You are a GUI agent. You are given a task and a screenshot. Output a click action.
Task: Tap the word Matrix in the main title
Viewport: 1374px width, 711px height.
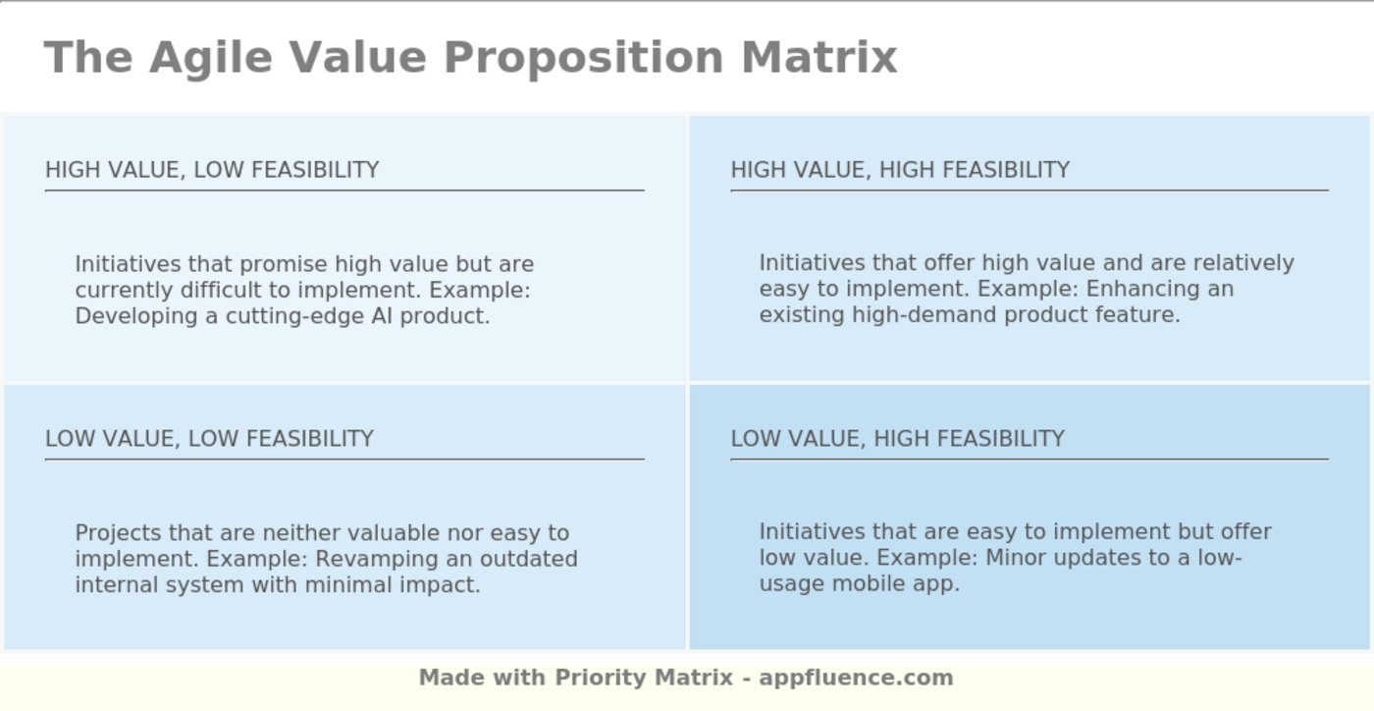(x=819, y=57)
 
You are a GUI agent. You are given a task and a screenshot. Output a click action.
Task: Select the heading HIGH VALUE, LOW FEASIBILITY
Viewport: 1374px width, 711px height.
(x=212, y=170)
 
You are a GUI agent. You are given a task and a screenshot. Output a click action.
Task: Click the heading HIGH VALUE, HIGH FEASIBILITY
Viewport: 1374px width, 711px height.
(x=900, y=170)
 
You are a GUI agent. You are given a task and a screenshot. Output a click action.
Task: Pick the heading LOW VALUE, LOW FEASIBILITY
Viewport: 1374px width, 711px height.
(x=209, y=439)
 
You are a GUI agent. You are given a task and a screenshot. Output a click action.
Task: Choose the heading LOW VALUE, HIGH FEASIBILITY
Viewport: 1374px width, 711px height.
(x=897, y=439)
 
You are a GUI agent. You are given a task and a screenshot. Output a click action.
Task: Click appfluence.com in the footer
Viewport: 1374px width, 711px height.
(x=856, y=678)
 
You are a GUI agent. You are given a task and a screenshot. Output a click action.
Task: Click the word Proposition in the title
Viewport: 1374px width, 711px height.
(x=584, y=57)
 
